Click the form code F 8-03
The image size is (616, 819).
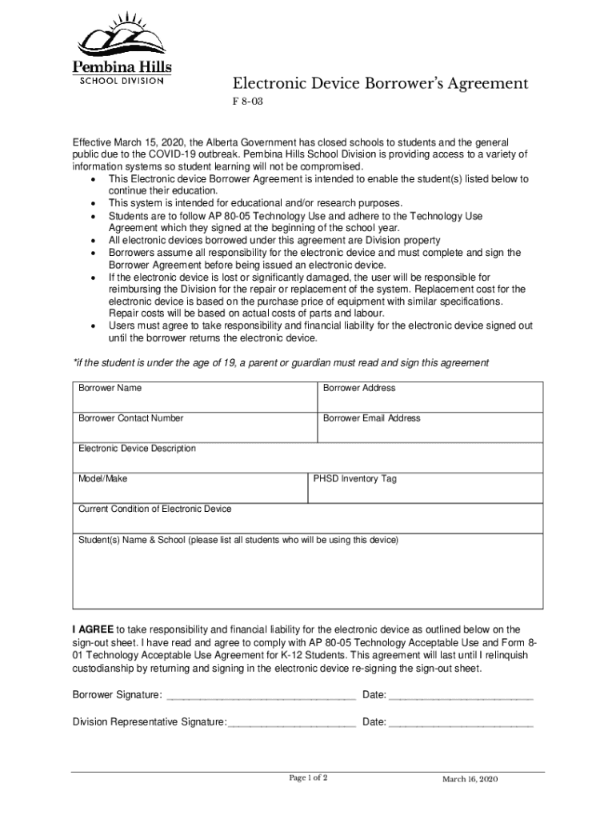246,103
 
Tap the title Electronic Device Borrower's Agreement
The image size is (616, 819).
380,84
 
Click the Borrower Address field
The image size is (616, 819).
430,397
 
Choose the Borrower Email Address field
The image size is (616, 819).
430,427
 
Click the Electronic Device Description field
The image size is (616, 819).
307,457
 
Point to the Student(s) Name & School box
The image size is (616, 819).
307,572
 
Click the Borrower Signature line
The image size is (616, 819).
259,696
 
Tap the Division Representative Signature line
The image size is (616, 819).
291,723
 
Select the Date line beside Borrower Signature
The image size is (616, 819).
460,696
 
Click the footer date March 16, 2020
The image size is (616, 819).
470,780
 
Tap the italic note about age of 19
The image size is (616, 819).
280,363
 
